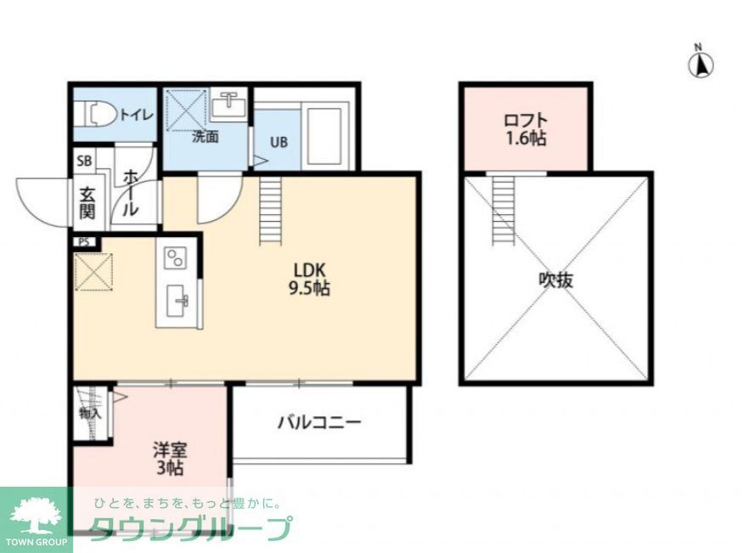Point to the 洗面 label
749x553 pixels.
point(205,136)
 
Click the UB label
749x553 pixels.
point(279,142)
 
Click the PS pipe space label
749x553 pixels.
point(83,241)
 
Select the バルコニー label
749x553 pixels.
point(319,421)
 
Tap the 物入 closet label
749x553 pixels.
point(90,414)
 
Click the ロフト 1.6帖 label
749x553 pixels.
point(526,129)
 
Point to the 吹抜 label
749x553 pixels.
point(555,279)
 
